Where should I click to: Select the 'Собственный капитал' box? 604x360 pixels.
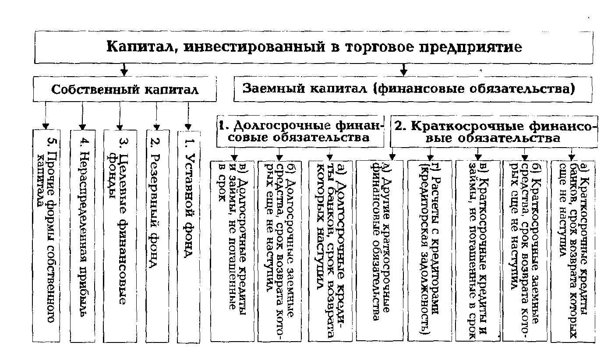click(125, 90)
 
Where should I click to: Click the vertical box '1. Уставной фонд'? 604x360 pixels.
click(189, 236)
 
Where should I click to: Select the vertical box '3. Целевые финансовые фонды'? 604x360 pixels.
click(120, 236)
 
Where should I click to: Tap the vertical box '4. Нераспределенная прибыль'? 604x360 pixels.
click(82, 236)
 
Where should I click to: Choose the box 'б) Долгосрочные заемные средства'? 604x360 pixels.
click(280, 251)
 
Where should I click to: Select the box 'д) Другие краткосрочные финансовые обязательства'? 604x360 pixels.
click(379, 251)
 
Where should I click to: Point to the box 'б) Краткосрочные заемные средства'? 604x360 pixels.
click(525, 251)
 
